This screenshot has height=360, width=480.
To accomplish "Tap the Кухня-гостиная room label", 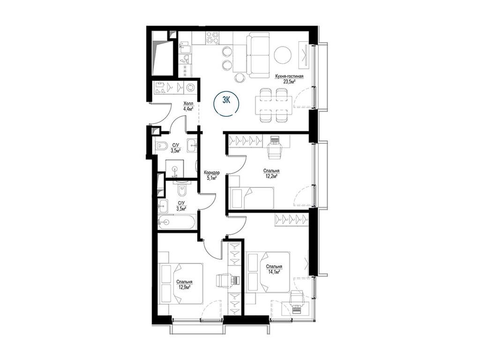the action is (x=289, y=76).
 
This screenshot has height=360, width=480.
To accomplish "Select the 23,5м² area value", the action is (x=289, y=82).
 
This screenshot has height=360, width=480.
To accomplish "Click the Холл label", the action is (x=187, y=104).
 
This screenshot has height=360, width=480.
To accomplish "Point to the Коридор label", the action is (x=212, y=172).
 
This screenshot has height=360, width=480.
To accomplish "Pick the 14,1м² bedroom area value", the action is (x=274, y=271).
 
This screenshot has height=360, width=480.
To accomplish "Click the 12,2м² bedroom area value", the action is (x=271, y=176).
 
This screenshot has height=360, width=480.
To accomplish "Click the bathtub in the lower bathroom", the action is (x=176, y=222).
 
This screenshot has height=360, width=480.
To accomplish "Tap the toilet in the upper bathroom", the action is (x=161, y=146).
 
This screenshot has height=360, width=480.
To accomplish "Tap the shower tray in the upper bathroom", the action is (x=175, y=168).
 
